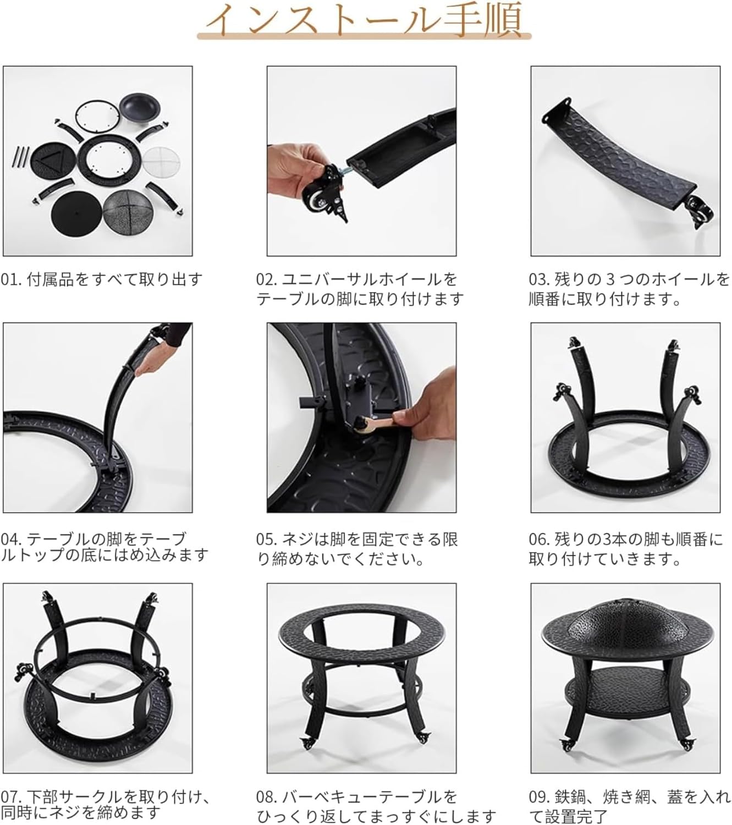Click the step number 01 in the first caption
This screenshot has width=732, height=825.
10,279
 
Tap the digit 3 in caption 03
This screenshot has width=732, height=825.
609,279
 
